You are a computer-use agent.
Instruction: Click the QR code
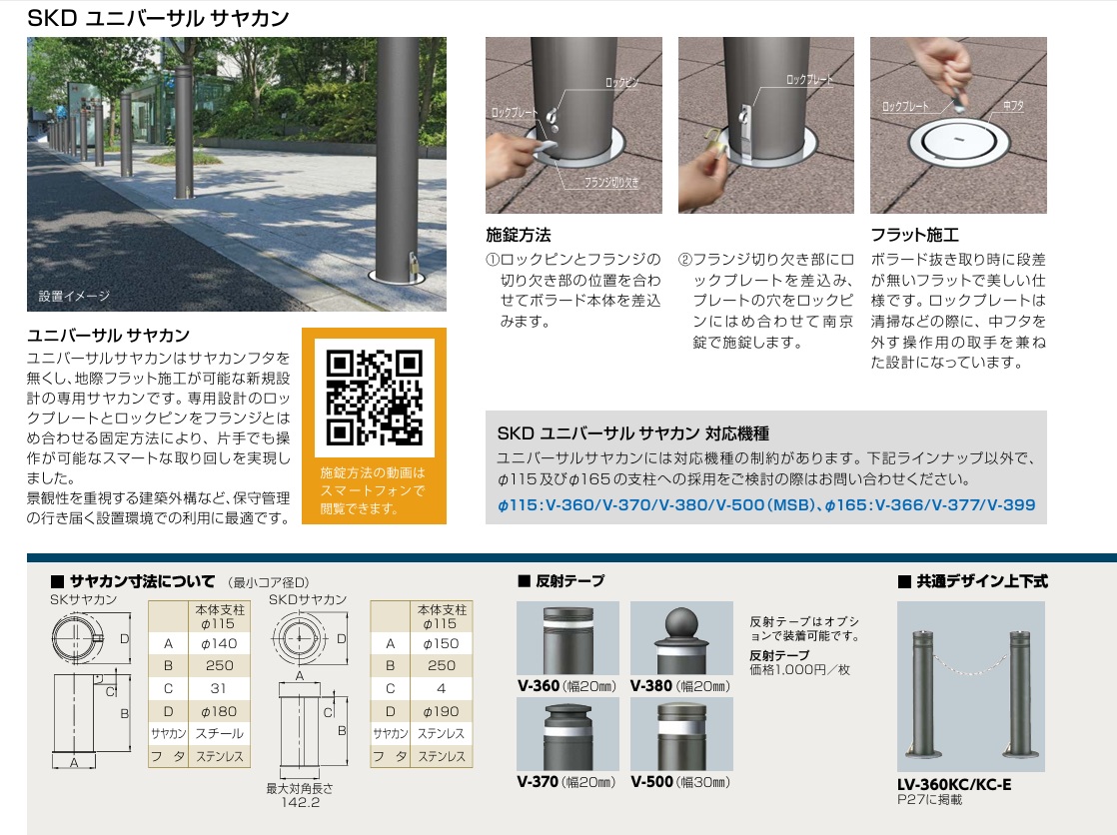[x=374, y=398]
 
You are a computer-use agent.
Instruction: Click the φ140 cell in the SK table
[x=220, y=643]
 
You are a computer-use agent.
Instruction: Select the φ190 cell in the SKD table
[x=441, y=711]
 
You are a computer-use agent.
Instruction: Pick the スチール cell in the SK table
[x=220, y=733]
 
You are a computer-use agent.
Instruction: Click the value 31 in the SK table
[x=219, y=688]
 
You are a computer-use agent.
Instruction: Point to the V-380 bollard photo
[x=681, y=637]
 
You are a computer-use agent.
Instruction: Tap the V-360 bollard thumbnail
[x=567, y=637]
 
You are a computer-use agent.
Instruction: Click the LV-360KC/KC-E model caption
[x=954, y=784]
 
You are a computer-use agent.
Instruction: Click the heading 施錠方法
[x=518, y=235]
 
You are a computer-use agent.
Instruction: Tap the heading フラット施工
[x=914, y=235]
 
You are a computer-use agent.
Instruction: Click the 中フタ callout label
[x=1013, y=106]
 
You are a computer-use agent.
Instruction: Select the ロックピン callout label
[x=621, y=83]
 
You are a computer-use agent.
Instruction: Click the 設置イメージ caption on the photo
[x=74, y=296]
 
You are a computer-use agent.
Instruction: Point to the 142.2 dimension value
[x=300, y=802]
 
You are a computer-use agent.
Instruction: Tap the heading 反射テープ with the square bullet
[x=561, y=581]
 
